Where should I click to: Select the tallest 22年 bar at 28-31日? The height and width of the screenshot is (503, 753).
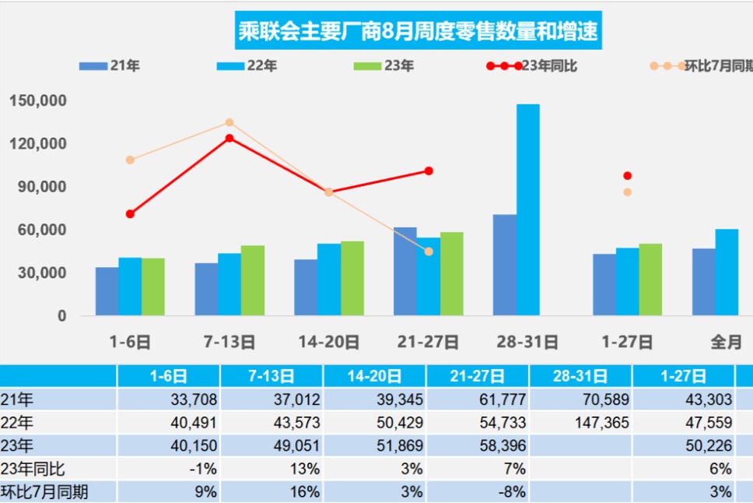(x=527, y=210)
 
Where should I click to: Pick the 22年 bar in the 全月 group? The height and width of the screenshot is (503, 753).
(x=727, y=273)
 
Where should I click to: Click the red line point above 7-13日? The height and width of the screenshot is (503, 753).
(x=229, y=139)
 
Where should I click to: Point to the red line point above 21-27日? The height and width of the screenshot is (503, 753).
(x=429, y=171)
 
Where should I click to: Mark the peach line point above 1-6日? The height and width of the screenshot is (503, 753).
(x=130, y=160)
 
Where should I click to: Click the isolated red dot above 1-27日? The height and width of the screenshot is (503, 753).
(x=627, y=176)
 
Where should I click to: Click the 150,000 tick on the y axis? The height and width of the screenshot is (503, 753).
(x=38, y=100)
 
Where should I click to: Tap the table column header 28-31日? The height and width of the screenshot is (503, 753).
(x=580, y=377)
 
